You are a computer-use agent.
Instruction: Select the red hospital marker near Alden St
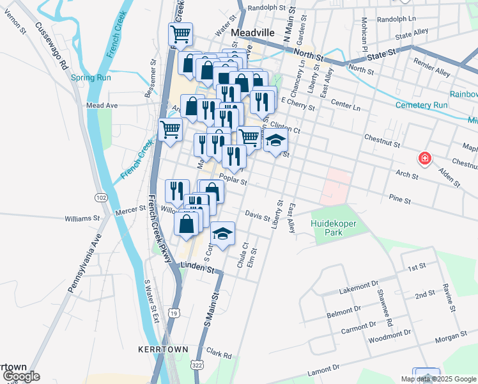tap(423, 158)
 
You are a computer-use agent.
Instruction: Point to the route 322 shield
tap(197, 364)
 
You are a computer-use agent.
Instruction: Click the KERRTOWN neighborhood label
tap(162, 349)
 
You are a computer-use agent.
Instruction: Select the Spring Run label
tap(91, 78)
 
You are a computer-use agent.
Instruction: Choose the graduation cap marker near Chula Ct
tap(222, 234)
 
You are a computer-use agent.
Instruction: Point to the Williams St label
tap(82, 218)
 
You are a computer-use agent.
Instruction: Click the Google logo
tap(21, 376)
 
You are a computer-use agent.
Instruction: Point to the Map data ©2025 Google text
tap(438, 379)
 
